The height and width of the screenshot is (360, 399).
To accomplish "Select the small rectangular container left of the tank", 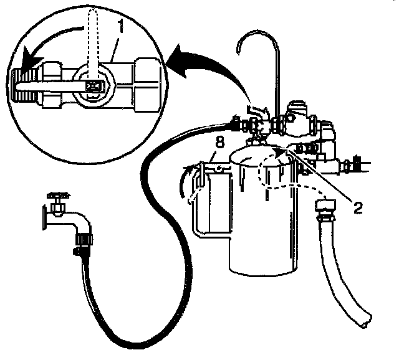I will (x=209, y=202).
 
